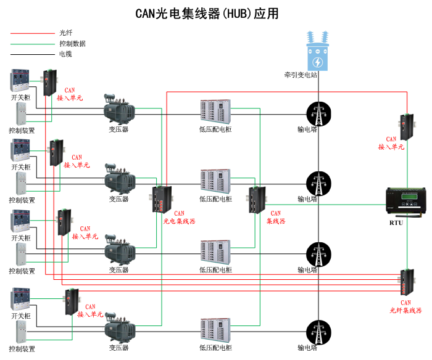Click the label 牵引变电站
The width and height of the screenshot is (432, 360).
pos(301,75)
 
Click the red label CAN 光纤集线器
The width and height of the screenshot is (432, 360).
pos(405,307)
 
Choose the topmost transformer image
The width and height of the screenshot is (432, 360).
pos(119,109)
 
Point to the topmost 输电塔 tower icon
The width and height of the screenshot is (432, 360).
pos(318,112)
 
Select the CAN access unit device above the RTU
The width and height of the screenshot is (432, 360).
pos(407,126)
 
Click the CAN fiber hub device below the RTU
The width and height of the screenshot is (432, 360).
pos(407,282)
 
